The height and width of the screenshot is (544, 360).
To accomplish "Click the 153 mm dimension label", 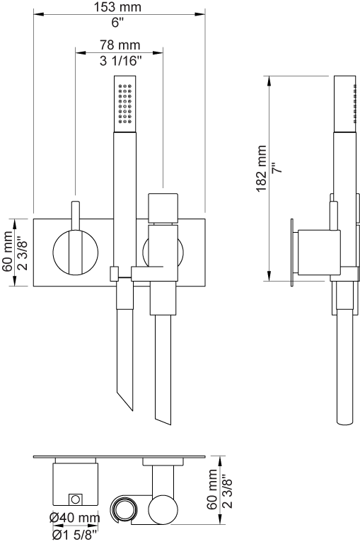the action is pos(118,6).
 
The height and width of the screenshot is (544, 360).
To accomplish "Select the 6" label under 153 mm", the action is pos(118,23).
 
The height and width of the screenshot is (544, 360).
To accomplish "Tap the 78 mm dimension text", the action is pos(120,45).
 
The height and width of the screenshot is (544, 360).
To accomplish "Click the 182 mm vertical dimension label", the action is pos(261,168).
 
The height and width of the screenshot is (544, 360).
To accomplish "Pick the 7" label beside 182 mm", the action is pos(277,168).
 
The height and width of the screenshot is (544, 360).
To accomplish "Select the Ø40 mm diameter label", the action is pos(74,518).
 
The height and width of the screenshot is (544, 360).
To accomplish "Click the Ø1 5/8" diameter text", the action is pos(74,535).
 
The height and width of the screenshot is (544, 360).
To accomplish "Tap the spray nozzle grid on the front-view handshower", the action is pos(125,104).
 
